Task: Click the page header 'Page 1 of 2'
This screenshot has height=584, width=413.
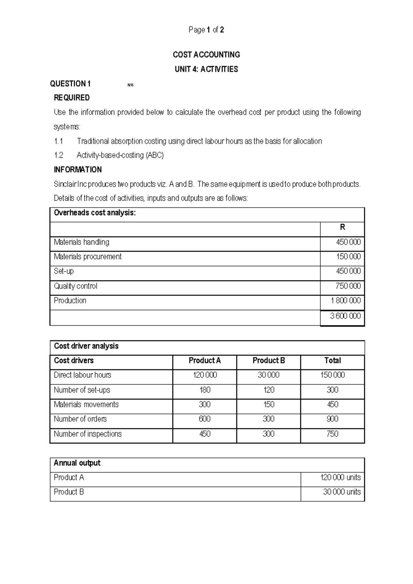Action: pos(206,30)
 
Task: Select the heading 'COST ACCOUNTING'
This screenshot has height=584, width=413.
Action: pos(206,55)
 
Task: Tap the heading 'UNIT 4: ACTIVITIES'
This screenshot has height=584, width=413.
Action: pos(206,69)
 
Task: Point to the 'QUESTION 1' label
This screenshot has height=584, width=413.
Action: pos(70,84)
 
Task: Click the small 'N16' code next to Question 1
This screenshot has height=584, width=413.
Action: pos(130,85)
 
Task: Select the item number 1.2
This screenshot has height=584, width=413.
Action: pos(59,155)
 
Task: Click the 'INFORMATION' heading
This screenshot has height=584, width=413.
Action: pos(78,170)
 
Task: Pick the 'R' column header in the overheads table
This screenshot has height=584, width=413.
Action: pos(342,227)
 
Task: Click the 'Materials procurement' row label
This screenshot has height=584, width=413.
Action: pos(87,257)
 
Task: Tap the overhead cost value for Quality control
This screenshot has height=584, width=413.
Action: pos(348,286)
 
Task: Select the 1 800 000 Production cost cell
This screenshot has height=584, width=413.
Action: pos(346,301)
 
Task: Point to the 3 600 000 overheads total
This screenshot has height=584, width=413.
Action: pos(345,316)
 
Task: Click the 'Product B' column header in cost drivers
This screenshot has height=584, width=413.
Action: pos(268,361)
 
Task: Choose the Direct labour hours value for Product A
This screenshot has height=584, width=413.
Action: pos(205,375)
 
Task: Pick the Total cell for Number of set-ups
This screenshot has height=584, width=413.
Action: pos(332,390)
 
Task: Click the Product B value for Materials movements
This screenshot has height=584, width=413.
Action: pos(268,405)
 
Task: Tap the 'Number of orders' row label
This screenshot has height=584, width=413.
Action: pos(80,419)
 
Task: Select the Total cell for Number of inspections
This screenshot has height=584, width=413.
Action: pos(332,434)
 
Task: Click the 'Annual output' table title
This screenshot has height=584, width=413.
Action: pos(77,463)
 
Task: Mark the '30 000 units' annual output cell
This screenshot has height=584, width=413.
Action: pos(341,492)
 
